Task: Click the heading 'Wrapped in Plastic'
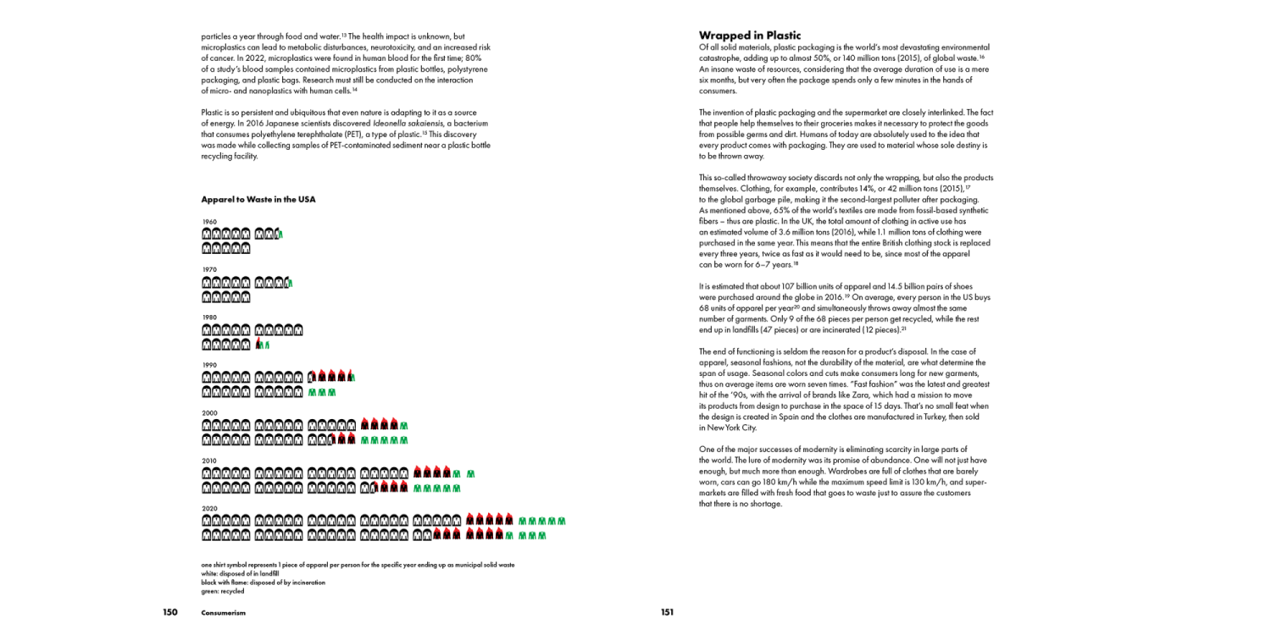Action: tap(749, 36)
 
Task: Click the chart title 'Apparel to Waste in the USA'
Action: tap(258, 200)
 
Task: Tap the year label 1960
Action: tap(209, 222)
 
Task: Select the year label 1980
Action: tap(209, 317)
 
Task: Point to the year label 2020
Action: tap(209, 509)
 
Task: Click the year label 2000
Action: tap(209, 413)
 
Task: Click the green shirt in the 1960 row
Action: tap(280, 235)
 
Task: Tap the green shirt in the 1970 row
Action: tap(290, 283)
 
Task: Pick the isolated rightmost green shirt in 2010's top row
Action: tap(471, 474)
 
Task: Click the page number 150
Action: tap(170, 612)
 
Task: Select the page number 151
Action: tap(667, 612)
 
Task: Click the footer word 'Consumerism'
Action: tap(223, 613)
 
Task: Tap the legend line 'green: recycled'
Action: tap(222, 591)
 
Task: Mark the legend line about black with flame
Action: tap(263, 583)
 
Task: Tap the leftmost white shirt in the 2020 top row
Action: tap(207, 522)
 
